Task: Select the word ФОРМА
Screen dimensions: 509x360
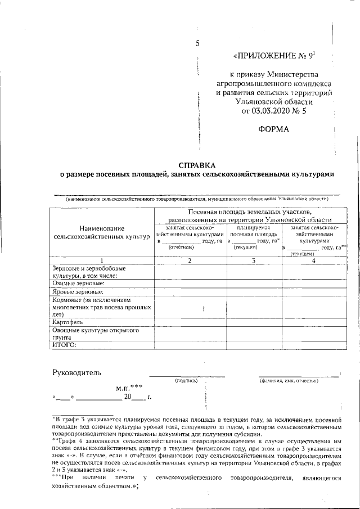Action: [x=273, y=130]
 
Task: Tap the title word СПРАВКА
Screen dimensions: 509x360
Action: [x=197, y=165]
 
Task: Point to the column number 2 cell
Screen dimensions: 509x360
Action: [x=190, y=260]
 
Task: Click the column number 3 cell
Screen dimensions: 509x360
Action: [x=254, y=260]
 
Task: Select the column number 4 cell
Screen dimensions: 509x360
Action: [x=313, y=260]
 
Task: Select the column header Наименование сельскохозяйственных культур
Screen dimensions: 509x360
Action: [x=102, y=232]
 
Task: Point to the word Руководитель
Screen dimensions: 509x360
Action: [x=76, y=372]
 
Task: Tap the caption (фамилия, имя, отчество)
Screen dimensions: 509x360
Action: [x=289, y=381]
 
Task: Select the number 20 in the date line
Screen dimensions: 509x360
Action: [x=128, y=397]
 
